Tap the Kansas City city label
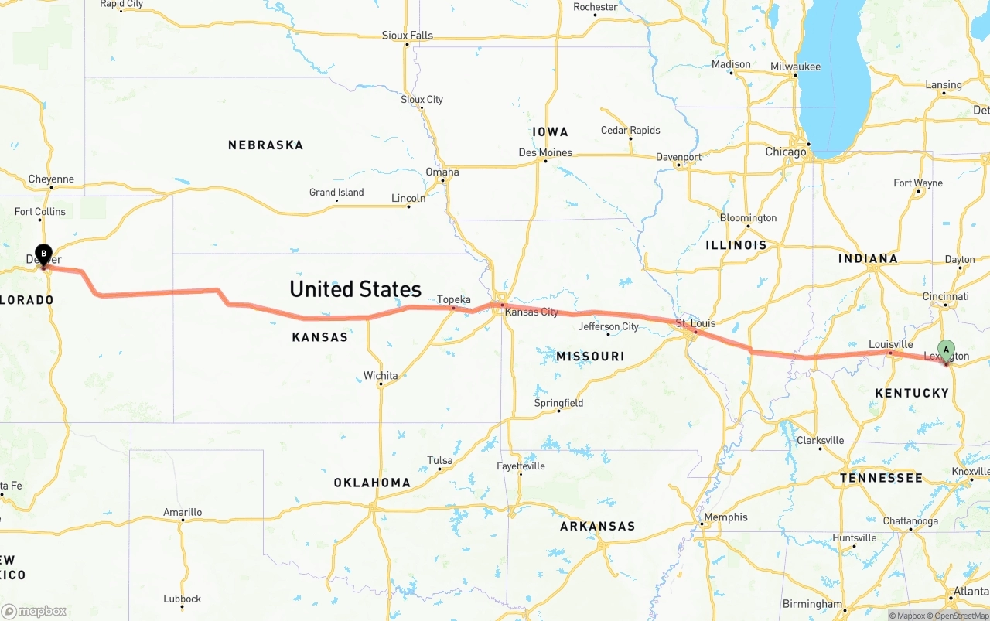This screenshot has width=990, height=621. point(531,312)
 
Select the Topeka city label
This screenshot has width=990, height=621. point(454,299)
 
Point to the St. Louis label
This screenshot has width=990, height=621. point(695,322)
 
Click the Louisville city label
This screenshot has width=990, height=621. point(890,344)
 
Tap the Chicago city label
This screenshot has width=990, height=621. point(785,152)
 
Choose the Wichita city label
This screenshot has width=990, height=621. point(381,376)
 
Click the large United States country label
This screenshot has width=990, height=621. point(355,289)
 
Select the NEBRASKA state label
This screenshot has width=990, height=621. point(265,145)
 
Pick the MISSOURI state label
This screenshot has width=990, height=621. point(590,356)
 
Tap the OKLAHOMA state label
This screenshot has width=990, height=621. point(372,483)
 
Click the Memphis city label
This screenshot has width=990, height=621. point(725,517)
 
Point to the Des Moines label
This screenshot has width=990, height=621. point(545,152)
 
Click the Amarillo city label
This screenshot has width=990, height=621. point(183,512)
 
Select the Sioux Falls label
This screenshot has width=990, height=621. point(407,35)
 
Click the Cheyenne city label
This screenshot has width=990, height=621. point(51,179)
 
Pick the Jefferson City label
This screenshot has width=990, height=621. point(609,326)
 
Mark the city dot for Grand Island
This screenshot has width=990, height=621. point(336,201)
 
